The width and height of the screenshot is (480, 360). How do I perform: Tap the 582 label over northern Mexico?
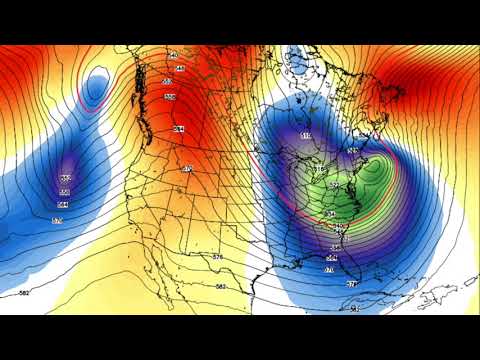coord(222,286)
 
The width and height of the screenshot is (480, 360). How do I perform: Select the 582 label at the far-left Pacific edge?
coord(23,293)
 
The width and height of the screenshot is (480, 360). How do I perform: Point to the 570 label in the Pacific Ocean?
coord(57,221)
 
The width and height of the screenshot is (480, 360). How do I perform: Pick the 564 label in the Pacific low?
coord(64,204)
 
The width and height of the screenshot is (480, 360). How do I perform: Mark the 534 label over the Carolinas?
coord(331,214)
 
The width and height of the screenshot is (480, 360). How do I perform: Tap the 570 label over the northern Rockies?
coord(187,170)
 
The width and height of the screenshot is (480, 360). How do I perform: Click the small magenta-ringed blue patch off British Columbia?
coord(95,88)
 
